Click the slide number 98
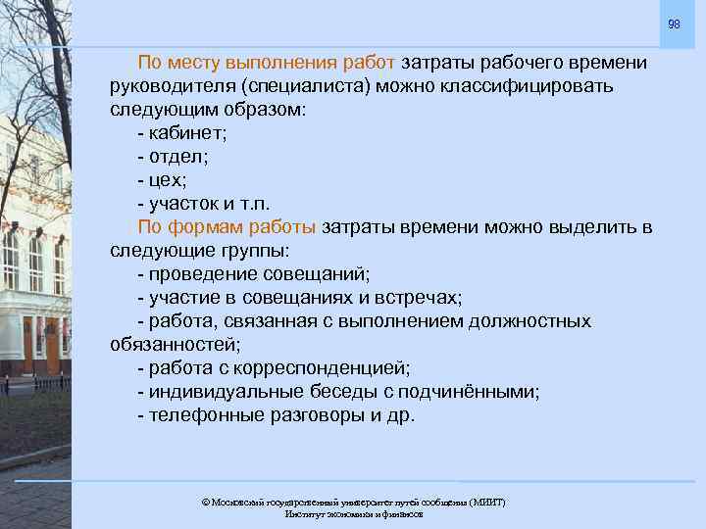click(674, 24)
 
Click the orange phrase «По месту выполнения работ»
click(267, 63)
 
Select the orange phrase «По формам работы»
click(227, 227)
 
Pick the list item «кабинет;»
click(187, 133)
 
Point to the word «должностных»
click(529, 321)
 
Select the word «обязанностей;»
click(176, 345)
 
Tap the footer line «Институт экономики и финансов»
click(353, 514)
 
